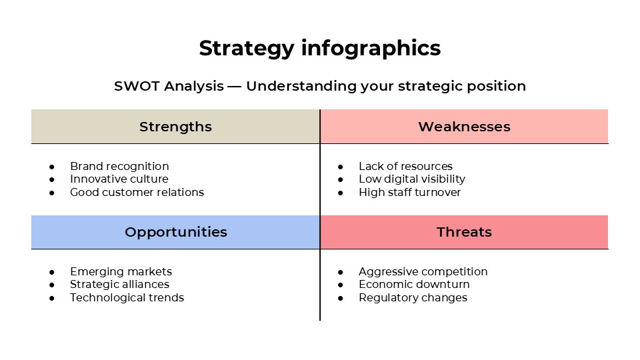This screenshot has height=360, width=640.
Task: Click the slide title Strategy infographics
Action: [320, 49]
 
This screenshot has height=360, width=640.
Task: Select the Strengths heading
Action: [175, 127]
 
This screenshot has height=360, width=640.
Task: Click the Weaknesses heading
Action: [464, 127]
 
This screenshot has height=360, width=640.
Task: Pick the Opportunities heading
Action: [175, 232]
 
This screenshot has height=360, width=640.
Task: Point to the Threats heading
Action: [464, 232]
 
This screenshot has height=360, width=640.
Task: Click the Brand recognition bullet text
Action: [119, 166]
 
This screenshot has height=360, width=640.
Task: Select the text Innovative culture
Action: [119, 179]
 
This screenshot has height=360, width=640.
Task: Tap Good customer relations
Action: [137, 193]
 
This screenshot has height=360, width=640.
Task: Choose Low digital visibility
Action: [412, 179]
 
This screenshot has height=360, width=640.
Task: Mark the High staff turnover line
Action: [409, 193]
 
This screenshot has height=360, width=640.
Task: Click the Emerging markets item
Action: [121, 271]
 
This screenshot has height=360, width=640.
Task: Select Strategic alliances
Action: [119, 285]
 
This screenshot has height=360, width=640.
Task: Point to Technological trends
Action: [127, 298]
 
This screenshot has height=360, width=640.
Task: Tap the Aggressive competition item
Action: [423, 271]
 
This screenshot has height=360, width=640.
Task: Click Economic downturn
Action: [414, 285]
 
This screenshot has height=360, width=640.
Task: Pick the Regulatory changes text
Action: [413, 298]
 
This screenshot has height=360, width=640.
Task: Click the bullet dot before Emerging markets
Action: [52, 272]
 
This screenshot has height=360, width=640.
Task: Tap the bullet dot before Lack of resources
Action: [341, 167]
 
